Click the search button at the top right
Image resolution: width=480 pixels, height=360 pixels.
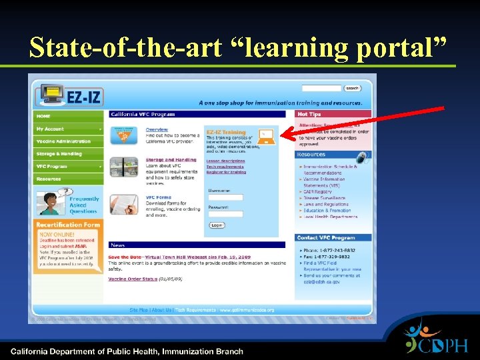pyautogui.click(x=353, y=88)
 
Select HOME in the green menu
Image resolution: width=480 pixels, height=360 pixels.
pyautogui.click(x=43, y=116)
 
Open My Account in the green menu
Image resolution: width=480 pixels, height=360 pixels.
pyautogui.click(x=51, y=129)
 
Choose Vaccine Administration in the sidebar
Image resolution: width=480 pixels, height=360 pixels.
pyautogui.click(x=63, y=141)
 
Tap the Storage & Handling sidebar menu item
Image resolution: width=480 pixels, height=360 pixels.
pyautogui.click(x=59, y=154)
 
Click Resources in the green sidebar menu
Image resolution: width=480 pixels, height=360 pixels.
pyautogui.click(x=49, y=179)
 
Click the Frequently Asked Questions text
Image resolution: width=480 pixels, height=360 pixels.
pyautogui.click(x=84, y=205)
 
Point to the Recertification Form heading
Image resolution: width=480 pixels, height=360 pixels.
pyautogui.click(x=68, y=225)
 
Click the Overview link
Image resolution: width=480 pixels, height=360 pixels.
pyautogui.click(x=157, y=129)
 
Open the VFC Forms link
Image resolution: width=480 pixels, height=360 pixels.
pyautogui.click(x=159, y=197)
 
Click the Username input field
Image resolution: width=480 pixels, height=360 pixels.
pyautogui.click(x=225, y=197)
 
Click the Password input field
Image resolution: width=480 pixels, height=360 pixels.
pyautogui.click(x=225, y=214)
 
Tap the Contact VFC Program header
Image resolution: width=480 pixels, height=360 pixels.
pyautogui.click(x=326, y=237)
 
